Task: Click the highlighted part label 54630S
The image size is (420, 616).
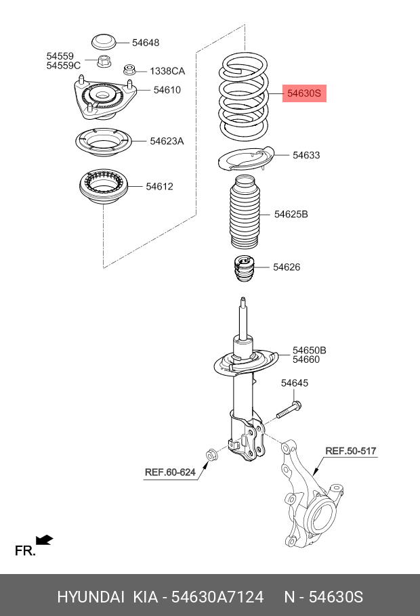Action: [x=304, y=93]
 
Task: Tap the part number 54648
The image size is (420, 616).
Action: [x=146, y=43]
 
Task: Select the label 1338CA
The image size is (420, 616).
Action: [x=167, y=71]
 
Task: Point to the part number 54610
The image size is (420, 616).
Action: [x=167, y=89]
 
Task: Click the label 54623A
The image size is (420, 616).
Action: [x=167, y=141]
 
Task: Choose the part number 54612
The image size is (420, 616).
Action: [x=159, y=186]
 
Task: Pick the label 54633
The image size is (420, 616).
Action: [x=306, y=155]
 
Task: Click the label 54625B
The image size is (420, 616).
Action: [x=291, y=214]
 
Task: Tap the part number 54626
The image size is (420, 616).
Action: [x=287, y=267]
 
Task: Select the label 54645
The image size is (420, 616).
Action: [x=295, y=383]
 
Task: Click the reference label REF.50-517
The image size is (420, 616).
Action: [x=350, y=451]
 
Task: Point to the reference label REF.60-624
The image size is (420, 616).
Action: [x=169, y=472]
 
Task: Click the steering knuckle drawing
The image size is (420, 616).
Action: [x=308, y=494]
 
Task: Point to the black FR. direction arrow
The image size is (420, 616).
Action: [x=45, y=540]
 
